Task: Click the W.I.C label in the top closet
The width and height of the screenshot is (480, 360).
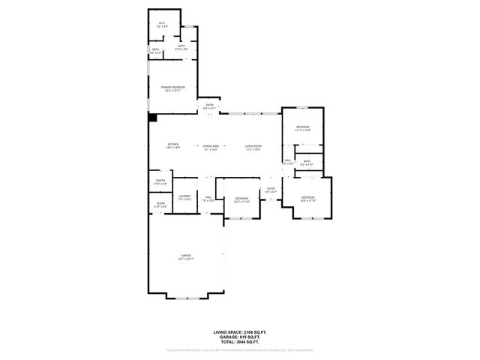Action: tap(162, 25)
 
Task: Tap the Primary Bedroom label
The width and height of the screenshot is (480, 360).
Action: tap(172, 89)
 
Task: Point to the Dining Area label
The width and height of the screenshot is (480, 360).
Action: tap(211, 146)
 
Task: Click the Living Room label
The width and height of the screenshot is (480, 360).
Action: tap(252, 146)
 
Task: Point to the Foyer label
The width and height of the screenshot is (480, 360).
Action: tap(271, 190)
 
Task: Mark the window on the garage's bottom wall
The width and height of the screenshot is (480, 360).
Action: tap(187, 298)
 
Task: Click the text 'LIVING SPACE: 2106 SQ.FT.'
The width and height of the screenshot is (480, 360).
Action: tap(240, 331)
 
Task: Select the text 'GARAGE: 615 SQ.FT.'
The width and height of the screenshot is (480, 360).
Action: tap(240, 336)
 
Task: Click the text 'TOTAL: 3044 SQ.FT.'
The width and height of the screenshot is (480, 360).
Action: tap(240, 341)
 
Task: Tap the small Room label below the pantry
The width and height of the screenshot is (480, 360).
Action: tap(160, 205)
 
